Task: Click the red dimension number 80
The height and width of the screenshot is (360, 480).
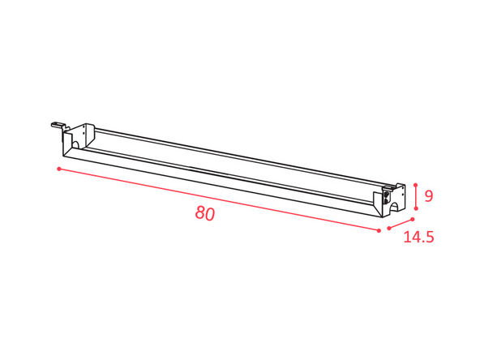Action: (x=205, y=213)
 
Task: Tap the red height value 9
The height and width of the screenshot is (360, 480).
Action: (x=429, y=196)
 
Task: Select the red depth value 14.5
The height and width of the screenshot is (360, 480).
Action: (x=418, y=237)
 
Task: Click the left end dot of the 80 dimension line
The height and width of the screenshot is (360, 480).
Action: (x=59, y=169)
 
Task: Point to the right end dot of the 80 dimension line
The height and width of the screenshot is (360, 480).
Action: (x=379, y=230)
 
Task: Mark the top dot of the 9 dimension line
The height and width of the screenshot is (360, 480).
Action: (x=415, y=185)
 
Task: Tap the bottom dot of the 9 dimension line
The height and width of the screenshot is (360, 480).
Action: (x=416, y=208)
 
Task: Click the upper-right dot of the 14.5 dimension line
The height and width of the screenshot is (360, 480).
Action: (x=413, y=219)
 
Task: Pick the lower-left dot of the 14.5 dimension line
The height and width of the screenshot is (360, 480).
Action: (x=389, y=228)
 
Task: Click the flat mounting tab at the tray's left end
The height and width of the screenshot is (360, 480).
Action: (x=58, y=125)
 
